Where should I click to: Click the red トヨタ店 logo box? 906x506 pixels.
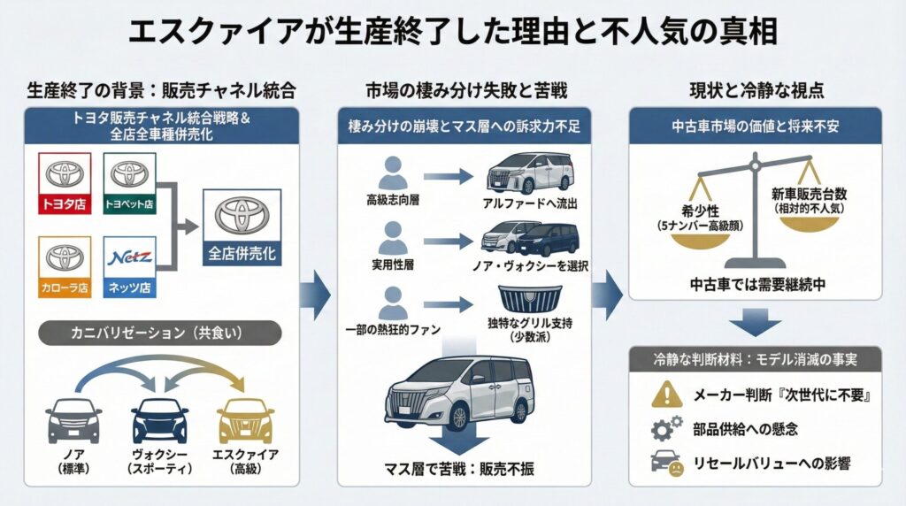pos(64,184)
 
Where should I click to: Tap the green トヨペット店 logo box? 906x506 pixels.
pos(129,184)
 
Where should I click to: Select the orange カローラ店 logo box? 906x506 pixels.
pos(64,266)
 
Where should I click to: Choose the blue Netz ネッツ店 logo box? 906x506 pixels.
pos(129,266)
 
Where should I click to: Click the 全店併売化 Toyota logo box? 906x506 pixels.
pos(240,227)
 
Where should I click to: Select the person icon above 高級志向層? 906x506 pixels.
pos(390,172)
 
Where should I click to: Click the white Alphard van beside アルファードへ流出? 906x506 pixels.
pos(520,173)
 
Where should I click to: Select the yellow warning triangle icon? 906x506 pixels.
pos(664,394)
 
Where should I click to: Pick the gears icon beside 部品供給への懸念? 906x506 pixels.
pos(664,429)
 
